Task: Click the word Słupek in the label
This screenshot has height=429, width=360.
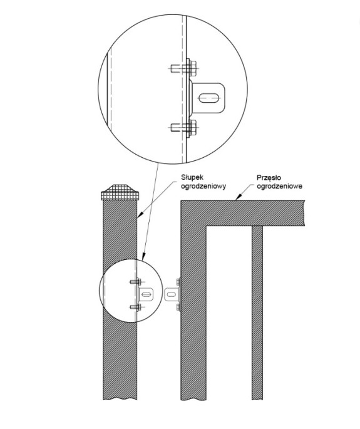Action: tap(192, 177)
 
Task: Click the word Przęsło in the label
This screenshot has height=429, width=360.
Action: tap(269, 178)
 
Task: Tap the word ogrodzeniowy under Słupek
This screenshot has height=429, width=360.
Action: tap(203, 187)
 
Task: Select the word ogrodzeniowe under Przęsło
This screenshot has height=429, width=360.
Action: tap(280, 187)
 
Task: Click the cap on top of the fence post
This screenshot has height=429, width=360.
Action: tap(120, 192)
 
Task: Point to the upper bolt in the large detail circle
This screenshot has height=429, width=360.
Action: tap(183, 68)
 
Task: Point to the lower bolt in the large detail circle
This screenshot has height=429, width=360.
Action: tap(183, 128)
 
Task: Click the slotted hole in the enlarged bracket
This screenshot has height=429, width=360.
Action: tap(209, 98)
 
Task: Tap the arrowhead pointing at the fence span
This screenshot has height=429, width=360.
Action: tap(239, 197)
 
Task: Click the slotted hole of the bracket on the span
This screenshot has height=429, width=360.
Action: tap(172, 294)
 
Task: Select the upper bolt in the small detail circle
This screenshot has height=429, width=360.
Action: tap(136, 282)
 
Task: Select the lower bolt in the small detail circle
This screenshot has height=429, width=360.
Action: tap(136, 308)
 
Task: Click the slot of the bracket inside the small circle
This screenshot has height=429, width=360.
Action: tap(146, 294)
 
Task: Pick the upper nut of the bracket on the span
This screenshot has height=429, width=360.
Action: tap(178, 282)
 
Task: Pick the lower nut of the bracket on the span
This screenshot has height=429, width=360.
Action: tap(178, 307)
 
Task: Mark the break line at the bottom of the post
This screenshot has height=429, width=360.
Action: tap(120, 399)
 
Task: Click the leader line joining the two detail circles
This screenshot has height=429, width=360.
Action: tap(150, 211)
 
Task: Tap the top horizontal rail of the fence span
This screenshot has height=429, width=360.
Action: tap(242, 214)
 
